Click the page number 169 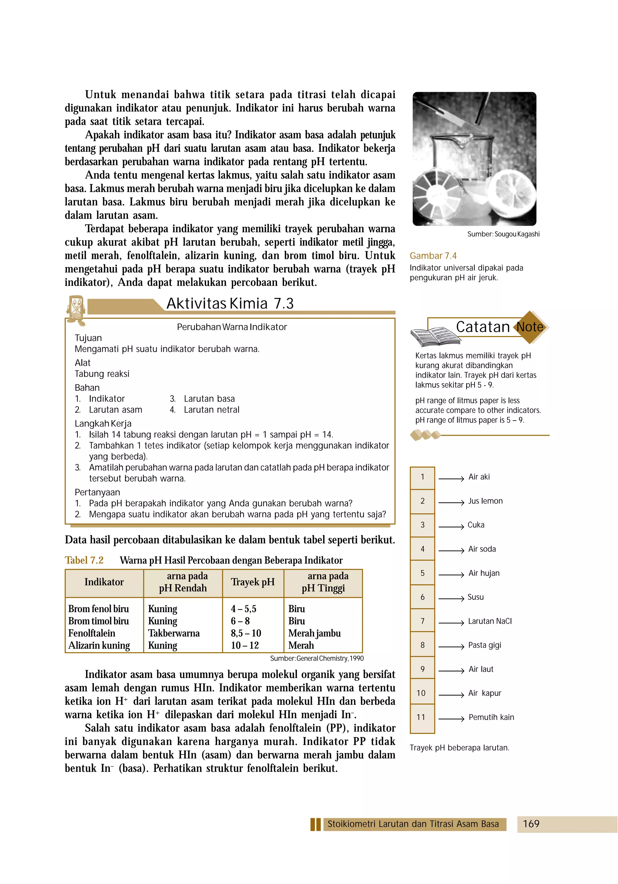[531, 824]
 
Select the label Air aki [479, 477]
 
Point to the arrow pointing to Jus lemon [451, 502]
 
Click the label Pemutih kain [491, 717]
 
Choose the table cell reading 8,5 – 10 [246, 633]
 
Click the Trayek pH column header [253, 582]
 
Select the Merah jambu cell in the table [314, 633]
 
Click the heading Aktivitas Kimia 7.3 [230, 303]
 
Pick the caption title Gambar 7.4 [433, 256]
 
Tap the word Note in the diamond [530, 327]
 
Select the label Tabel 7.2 [84, 560]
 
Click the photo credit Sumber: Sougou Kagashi [503, 234]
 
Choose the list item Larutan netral [211, 410]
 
